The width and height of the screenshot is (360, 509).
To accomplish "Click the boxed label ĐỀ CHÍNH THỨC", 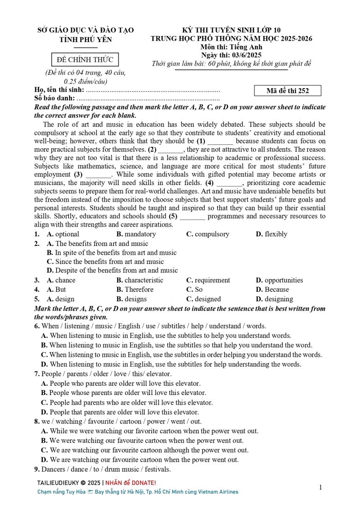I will coord(85,60).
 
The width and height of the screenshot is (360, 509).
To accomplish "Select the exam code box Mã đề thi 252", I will coord(288,90).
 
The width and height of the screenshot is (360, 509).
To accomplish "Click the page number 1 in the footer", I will coord(321,487).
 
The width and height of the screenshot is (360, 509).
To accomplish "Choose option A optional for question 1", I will coord(63,234).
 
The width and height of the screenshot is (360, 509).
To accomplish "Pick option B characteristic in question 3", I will coord(139,280).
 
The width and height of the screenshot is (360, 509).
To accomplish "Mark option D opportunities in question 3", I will coord(279,280).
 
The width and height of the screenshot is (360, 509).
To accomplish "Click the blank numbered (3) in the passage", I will coord(98,175).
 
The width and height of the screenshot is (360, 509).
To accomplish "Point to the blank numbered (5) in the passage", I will coord(192,216).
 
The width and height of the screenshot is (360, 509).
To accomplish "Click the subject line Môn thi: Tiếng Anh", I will coord(231,47).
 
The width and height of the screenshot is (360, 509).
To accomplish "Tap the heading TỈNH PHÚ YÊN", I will coord(85,40).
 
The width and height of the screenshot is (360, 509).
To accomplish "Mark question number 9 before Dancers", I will coord(36,469).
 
